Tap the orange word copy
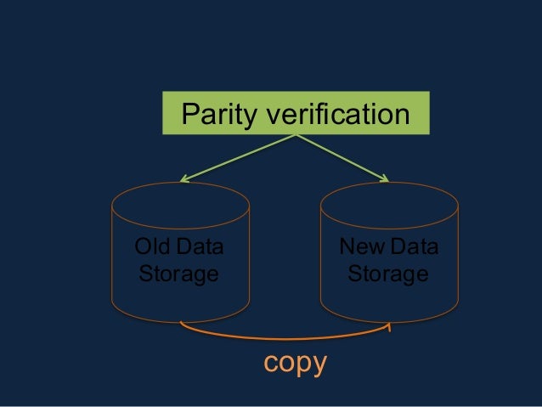coord(295,363)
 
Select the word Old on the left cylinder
coord(153,248)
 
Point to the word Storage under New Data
coord(387,274)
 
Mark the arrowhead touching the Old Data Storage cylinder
coord(183,178)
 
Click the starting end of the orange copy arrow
coord(183,324)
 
